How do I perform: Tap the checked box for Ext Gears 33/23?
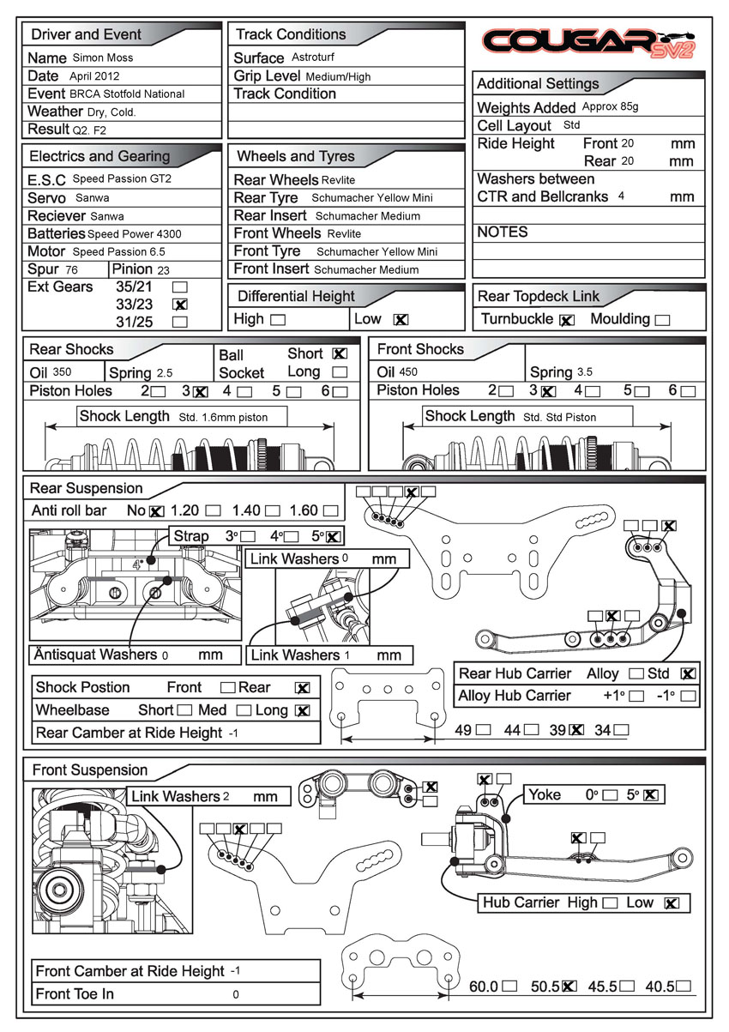click(180, 305)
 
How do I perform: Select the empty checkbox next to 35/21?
click(180, 287)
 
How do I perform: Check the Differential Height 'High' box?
click(278, 320)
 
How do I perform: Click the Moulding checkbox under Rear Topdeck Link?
click(662, 320)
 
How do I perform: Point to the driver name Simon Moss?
click(103, 58)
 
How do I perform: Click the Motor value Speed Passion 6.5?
click(119, 252)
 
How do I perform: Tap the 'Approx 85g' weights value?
click(610, 107)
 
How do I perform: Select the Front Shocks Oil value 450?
click(408, 372)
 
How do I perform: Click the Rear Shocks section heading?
click(71, 349)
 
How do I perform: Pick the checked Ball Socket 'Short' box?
click(340, 353)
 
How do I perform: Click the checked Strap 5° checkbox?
click(334, 537)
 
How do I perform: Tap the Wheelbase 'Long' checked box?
click(302, 710)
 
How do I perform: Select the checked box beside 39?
click(577, 730)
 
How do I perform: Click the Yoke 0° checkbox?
click(610, 795)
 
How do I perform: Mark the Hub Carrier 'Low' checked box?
click(672, 902)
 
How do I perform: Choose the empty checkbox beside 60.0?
click(511, 987)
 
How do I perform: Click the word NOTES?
click(503, 232)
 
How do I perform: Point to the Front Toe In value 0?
click(236, 995)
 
